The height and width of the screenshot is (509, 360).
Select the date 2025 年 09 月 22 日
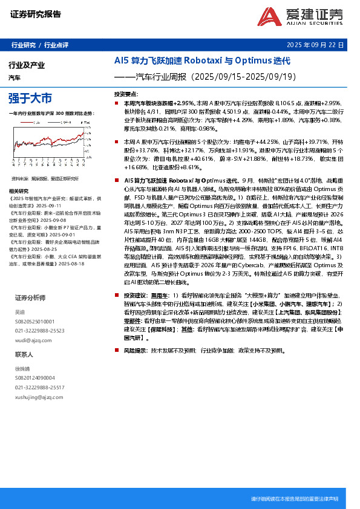click(x=315, y=45)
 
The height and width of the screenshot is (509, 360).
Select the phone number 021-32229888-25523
click(x=39, y=331)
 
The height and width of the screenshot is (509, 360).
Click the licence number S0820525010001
click(x=34, y=322)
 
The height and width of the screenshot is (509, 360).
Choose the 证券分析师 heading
click(x=30, y=298)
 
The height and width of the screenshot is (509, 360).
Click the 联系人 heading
click(x=25, y=354)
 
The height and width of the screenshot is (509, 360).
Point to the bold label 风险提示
click(x=136, y=351)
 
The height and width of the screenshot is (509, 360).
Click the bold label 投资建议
click(x=136, y=294)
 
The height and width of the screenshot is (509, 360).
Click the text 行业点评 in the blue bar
click(x=56, y=45)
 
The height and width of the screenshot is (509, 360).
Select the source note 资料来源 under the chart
click(x=21, y=179)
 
